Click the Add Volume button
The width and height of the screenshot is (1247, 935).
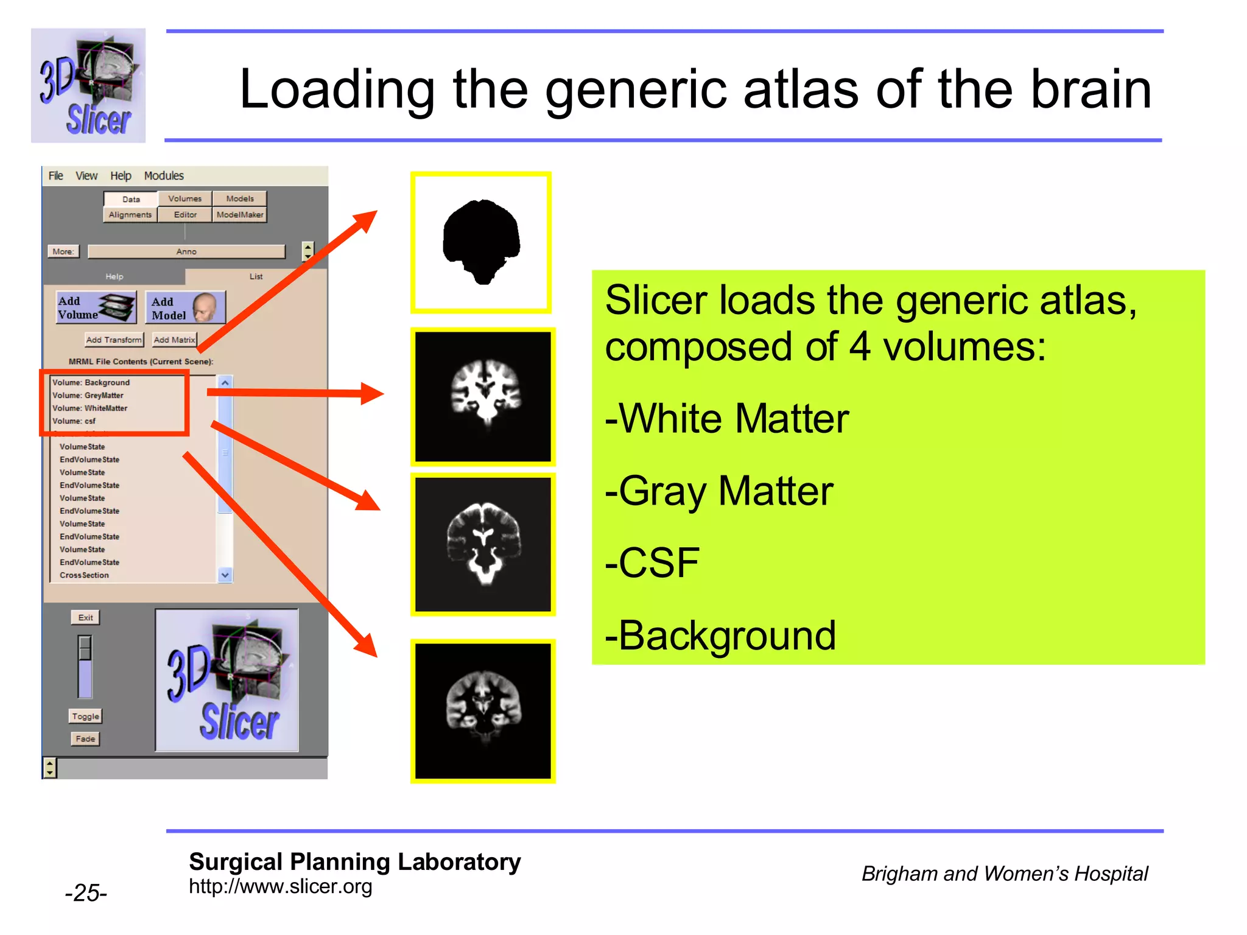click(96, 307)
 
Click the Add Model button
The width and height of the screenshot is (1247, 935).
click(185, 307)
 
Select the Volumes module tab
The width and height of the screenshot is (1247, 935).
click(184, 198)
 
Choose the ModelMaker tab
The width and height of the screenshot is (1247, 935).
click(240, 214)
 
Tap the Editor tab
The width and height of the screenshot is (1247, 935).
click(185, 214)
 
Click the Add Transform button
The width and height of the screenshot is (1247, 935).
click(114, 340)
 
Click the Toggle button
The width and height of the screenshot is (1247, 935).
click(85, 716)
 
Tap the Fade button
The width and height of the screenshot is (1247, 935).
click(85, 738)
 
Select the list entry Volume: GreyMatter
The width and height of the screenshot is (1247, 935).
click(88, 395)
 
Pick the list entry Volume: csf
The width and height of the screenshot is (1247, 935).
click(74, 421)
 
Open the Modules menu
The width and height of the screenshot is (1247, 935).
click(164, 176)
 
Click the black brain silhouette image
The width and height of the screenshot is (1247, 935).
click(481, 242)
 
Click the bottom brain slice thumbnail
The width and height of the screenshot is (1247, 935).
click(483, 710)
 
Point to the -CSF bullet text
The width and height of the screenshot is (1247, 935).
click(652, 562)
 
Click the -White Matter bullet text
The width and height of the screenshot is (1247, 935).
click(727, 418)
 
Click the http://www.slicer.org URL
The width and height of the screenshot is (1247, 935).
click(280, 886)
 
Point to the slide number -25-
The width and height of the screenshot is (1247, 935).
click(86, 892)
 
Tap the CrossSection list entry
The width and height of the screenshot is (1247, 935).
click(85, 575)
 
